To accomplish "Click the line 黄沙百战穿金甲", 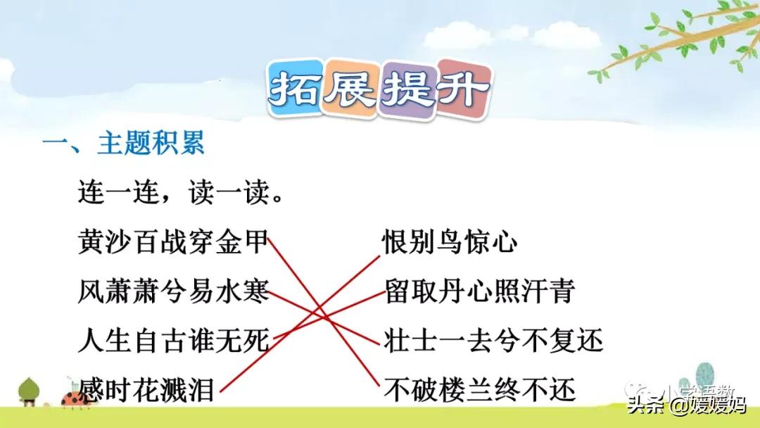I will point(173,244).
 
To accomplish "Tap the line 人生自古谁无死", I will point(173,341).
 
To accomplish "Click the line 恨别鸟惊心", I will point(450,244).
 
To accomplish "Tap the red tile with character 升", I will point(462,90).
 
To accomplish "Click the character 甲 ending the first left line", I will point(258,244).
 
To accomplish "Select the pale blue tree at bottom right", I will point(704,376).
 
